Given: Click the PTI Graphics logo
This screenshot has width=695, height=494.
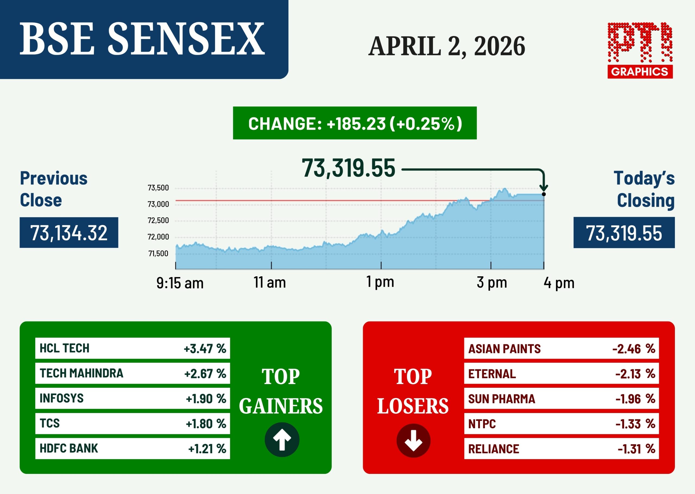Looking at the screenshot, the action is pyautogui.click(x=640, y=51).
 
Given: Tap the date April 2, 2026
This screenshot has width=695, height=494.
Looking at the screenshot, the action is pyautogui.click(x=447, y=46).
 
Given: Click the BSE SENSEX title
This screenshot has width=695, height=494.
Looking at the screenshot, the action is pyautogui.click(x=142, y=39).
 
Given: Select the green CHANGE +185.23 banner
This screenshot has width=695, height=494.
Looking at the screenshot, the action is pyautogui.click(x=355, y=123).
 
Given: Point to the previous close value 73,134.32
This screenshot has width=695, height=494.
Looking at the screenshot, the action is pyautogui.click(x=69, y=233).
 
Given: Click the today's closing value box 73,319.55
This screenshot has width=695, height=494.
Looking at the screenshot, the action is pyautogui.click(x=624, y=233).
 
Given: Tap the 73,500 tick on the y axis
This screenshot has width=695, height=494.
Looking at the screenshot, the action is pyautogui.click(x=158, y=188).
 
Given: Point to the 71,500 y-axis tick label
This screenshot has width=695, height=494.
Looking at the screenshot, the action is pyautogui.click(x=158, y=254).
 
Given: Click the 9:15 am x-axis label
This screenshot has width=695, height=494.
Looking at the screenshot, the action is pyautogui.click(x=180, y=283).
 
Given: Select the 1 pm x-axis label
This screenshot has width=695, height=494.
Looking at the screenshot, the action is pyautogui.click(x=380, y=282).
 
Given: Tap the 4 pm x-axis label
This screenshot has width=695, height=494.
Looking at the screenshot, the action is pyautogui.click(x=559, y=283).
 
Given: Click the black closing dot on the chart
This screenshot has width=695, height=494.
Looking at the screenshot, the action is pyautogui.click(x=544, y=194).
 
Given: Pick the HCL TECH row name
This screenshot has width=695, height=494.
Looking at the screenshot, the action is pyautogui.click(x=64, y=348).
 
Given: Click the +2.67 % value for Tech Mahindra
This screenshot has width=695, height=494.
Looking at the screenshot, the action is pyautogui.click(x=205, y=374).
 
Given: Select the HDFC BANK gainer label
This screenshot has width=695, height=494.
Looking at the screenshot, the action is pyautogui.click(x=69, y=448).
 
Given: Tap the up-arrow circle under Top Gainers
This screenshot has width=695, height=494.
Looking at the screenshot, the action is pyautogui.click(x=282, y=440).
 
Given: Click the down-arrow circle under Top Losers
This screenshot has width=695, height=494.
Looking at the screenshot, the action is pyautogui.click(x=413, y=440).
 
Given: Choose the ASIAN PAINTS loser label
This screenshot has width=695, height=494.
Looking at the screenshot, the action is pyautogui.click(x=504, y=349).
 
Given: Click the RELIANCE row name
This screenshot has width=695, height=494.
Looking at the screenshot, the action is pyautogui.click(x=494, y=449).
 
